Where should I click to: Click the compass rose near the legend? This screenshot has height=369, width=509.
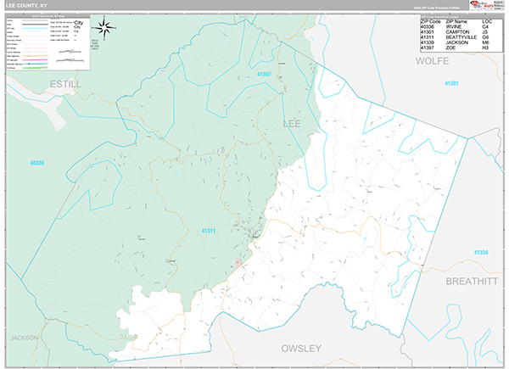pyautogui.click(x=106, y=27)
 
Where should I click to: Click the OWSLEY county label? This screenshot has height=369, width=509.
pyautogui.click(x=301, y=348)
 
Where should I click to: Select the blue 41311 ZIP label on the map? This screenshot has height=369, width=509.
pyautogui.click(x=210, y=230)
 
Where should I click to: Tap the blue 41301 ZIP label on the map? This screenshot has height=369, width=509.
pyautogui.click(x=451, y=83)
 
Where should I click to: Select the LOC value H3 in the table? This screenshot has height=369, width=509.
pyautogui.click(x=485, y=48)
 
